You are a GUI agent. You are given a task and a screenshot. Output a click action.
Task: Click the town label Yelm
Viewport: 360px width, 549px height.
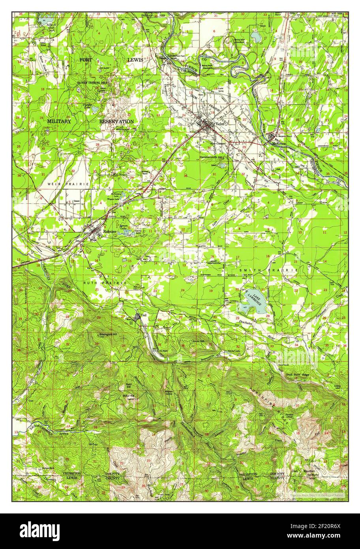[219, 124]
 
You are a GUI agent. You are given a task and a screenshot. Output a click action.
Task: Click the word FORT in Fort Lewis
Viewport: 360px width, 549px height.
[86, 60]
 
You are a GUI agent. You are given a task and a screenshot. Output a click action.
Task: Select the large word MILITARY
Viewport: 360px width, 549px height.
[59, 121]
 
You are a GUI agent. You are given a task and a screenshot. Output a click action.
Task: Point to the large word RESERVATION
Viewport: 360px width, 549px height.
[116, 121]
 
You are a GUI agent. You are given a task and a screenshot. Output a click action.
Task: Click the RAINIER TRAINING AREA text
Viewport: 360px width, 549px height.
[93, 83]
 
